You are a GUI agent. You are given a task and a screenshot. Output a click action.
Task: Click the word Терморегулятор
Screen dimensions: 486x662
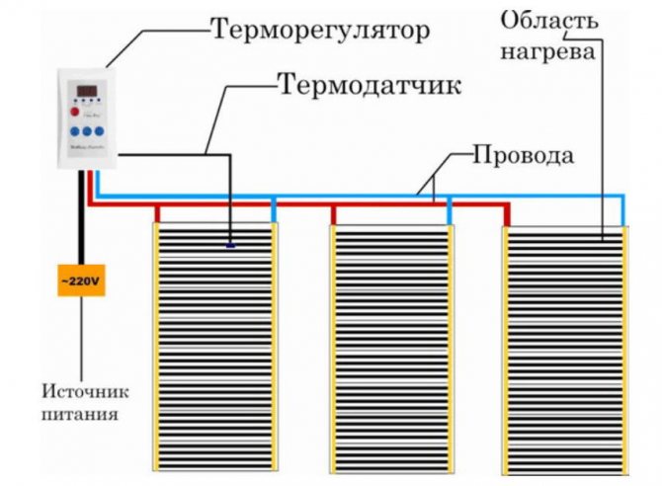tap(319, 32)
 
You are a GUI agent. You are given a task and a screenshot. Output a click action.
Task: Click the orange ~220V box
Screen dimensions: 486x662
tap(80, 282)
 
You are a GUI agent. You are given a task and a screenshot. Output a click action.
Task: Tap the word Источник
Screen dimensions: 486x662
tap(80, 389)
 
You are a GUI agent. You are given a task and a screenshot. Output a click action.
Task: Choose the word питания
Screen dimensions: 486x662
tap(80, 414)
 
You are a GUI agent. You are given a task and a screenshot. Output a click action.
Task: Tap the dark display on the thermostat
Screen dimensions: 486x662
tap(87, 92)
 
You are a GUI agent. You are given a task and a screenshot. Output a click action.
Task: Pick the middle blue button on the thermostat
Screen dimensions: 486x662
tap(87, 130)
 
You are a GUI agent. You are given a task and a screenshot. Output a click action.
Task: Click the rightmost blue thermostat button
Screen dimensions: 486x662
tap(101, 130)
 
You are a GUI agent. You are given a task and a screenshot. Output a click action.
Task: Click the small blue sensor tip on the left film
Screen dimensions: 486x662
tap(230, 245)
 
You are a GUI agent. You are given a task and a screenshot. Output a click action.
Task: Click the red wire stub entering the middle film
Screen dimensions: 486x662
tap(333, 214)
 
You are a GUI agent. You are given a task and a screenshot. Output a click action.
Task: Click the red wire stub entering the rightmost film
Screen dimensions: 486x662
tap(507, 214)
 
